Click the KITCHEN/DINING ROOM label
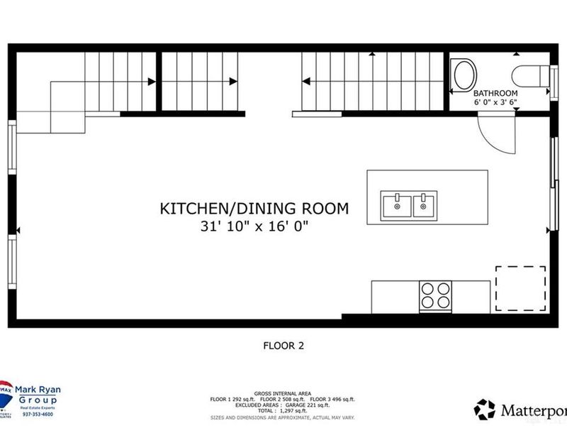[254, 209]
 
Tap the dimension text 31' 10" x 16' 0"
[254, 226]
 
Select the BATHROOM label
[495, 93]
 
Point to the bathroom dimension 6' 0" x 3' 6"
[495, 102]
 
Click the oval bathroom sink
[466, 74]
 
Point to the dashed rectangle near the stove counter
[520, 288]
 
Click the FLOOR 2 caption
[283, 346]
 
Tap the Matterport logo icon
[485, 409]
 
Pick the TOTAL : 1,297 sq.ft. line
[283, 410]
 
